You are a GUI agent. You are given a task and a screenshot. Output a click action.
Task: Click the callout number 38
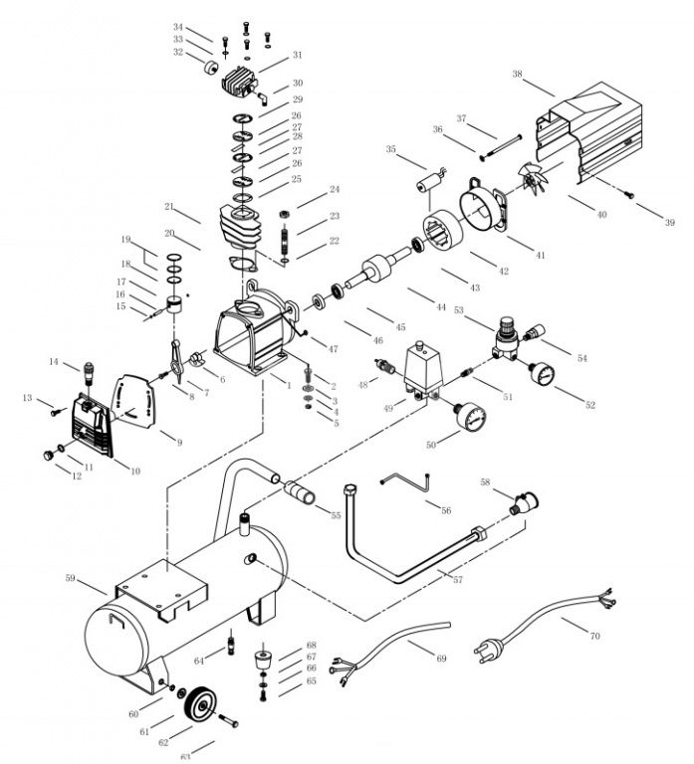[x=517, y=75]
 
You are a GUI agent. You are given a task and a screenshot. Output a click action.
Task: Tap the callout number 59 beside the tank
[x=71, y=577]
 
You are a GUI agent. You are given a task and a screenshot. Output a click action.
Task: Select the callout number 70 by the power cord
[x=595, y=634]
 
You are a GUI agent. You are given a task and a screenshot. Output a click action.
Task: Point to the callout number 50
[x=430, y=445]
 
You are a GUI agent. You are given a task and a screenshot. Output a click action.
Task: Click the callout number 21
[x=169, y=207]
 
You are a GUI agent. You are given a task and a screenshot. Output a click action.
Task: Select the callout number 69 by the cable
[x=441, y=658]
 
